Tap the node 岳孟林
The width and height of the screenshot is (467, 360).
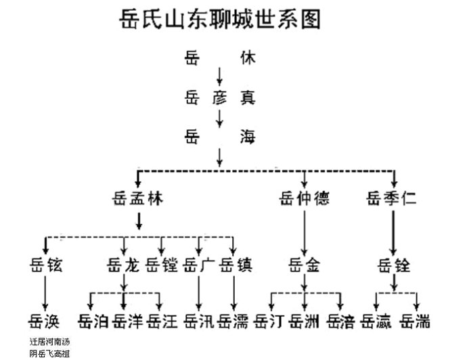[138, 199]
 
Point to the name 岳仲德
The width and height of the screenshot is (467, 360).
[304, 199]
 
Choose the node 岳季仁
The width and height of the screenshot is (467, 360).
[393, 199]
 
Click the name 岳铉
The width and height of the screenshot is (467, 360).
[46, 265]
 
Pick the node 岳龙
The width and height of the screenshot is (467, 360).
[123, 265]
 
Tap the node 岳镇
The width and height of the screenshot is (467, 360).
[236, 265]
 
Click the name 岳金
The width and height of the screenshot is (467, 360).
[304, 265]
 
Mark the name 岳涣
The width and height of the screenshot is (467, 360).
[46, 321]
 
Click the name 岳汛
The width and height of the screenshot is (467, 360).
[198, 321]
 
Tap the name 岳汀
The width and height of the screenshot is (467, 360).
[269, 321]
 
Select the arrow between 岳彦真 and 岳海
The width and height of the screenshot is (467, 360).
[219, 117]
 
